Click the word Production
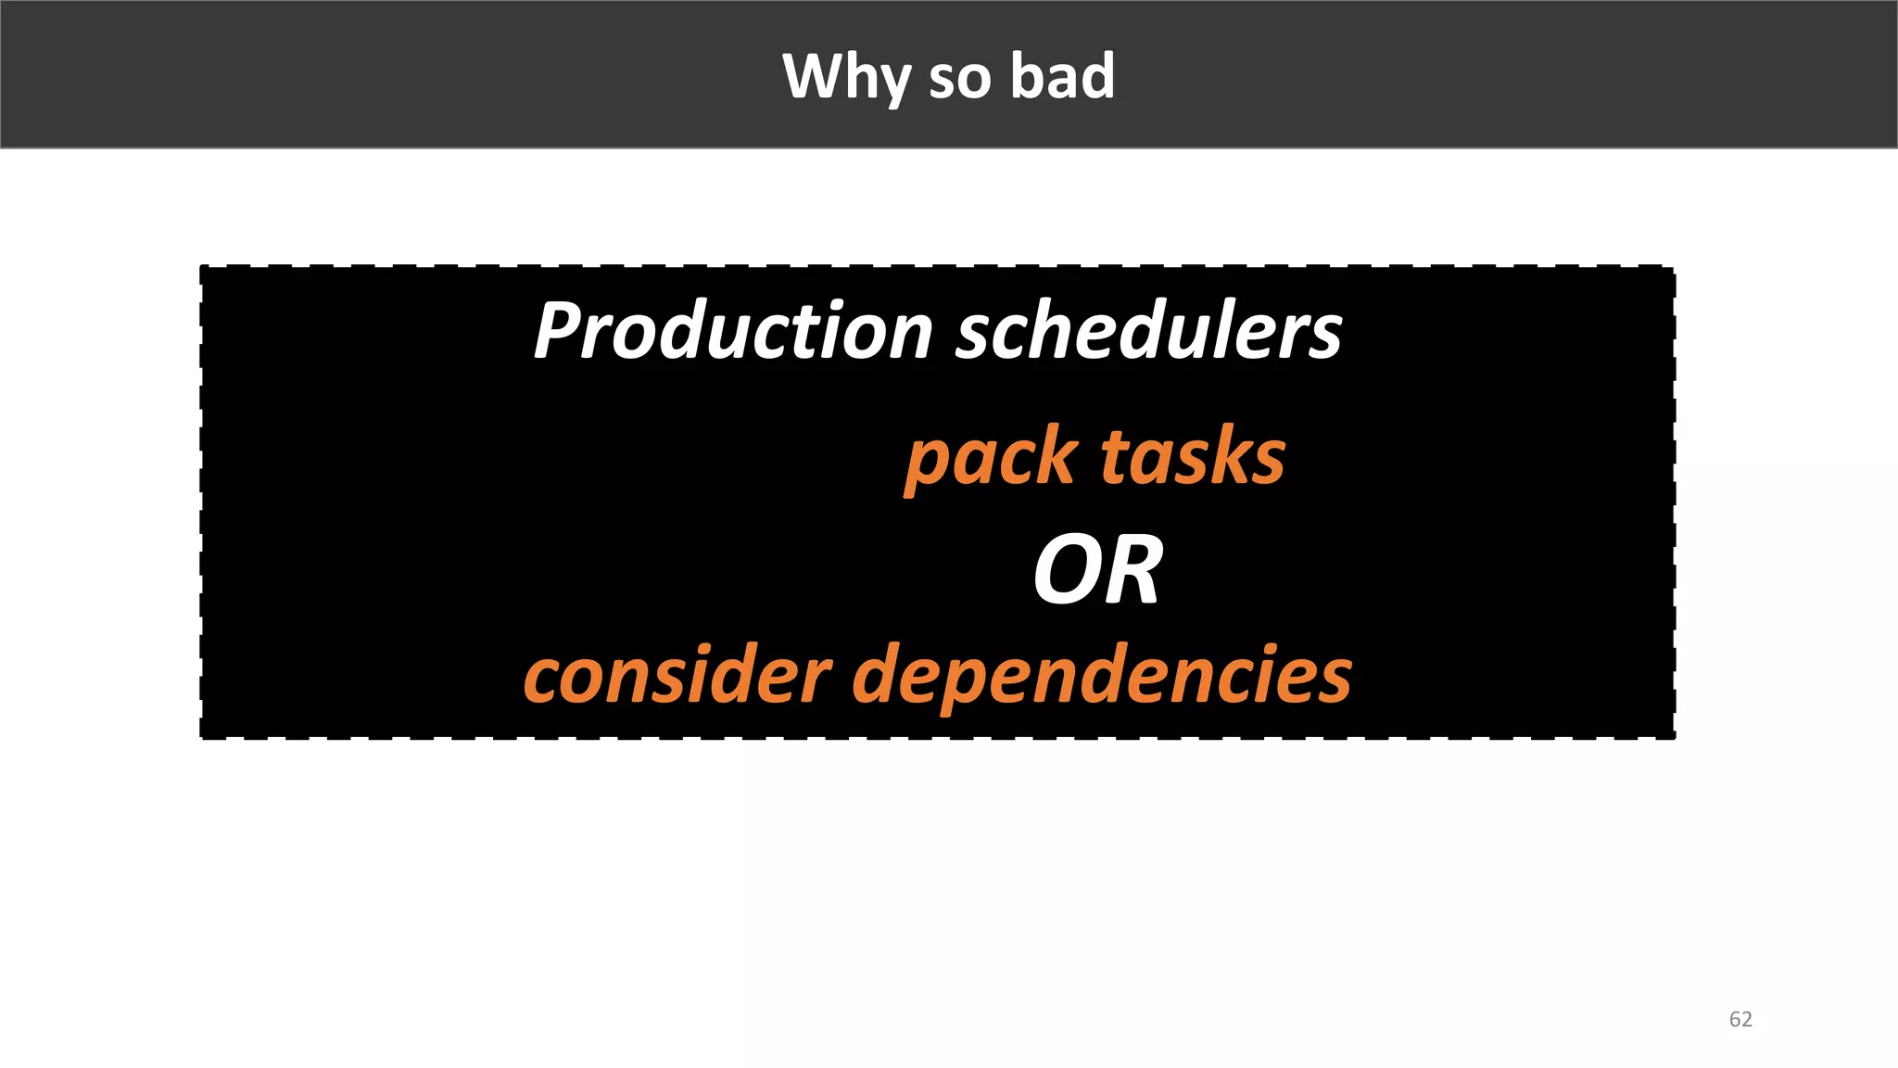[x=733, y=331]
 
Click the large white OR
[x=1097, y=570]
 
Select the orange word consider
[x=677, y=676]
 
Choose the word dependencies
[x=1102, y=678]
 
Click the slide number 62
[x=1740, y=1020]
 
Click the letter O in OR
[x=1067, y=570]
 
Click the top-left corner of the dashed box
[x=202, y=268]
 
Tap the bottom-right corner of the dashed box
[x=1674, y=738]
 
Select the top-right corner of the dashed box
[x=1674, y=268]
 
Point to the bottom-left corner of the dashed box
[x=202, y=738]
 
